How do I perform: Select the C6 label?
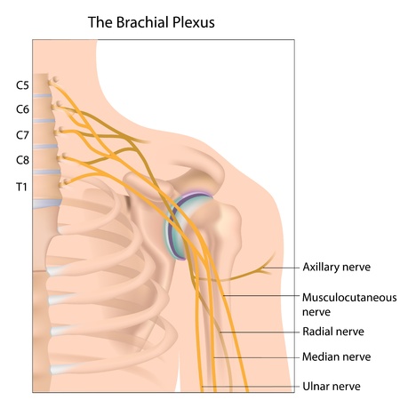[22, 109]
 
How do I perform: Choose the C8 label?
[22, 160]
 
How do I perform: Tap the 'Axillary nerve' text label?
[336, 267]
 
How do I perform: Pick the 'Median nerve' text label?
[335, 357]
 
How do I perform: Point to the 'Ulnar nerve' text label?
[332, 386]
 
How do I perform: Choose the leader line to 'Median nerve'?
[258, 357]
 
